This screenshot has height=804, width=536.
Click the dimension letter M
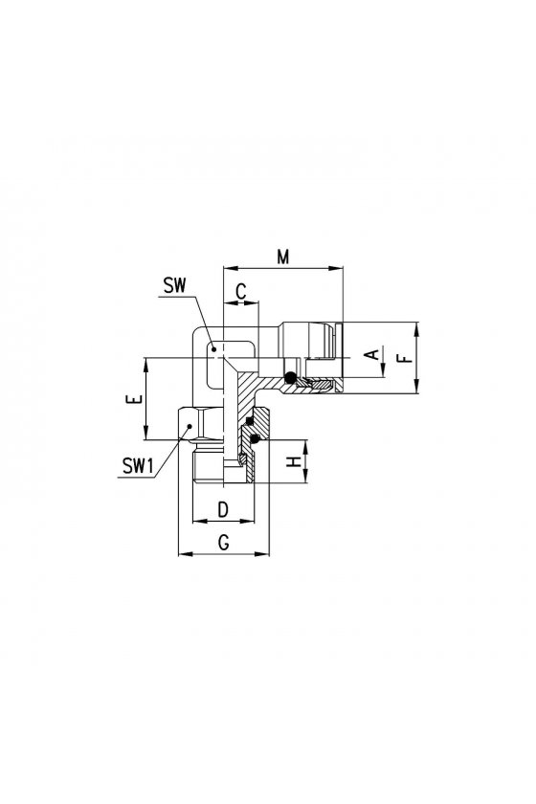click(283, 257)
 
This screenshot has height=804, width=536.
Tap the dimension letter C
click(241, 292)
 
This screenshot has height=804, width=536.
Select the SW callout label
click(175, 285)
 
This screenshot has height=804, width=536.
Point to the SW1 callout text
click(138, 467)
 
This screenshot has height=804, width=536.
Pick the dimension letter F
click(405, 357)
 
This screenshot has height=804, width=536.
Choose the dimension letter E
click(133, 399)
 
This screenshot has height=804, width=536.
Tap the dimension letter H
click(293, 462)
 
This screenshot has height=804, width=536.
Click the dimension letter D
click(223, 511)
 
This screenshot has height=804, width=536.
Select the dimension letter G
click(224, 543)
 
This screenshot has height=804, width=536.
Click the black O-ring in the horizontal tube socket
click(290, 377)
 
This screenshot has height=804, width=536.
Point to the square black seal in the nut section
click(250, 421)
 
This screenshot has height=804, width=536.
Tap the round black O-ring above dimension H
click(255, 438)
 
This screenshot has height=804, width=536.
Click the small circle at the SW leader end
click(213, 348)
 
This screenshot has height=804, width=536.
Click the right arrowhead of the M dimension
click(337, 268)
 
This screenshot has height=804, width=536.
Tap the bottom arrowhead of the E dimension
click(146, 433)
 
